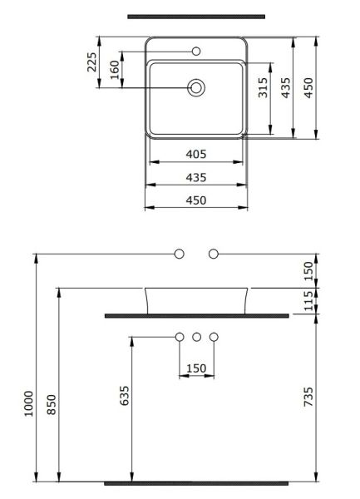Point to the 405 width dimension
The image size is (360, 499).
tap(196, 155)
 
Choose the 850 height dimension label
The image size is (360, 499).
tap(50, 404)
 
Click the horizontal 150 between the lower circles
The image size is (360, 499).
tap(196, 367)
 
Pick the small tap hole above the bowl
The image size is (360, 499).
tap(197, 52)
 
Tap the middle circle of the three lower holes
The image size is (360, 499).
tap(197, 337)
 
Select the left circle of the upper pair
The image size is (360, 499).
tap(179, 253)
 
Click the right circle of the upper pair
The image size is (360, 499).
tap(214, 253)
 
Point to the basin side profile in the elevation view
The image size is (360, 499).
tap(197, 299)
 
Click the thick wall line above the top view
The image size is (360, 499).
tap(196, 17)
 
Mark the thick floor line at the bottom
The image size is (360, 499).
tap(196, 482)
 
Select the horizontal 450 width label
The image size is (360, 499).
tap(196, 200)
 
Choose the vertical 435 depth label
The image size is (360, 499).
tap(286, 85)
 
